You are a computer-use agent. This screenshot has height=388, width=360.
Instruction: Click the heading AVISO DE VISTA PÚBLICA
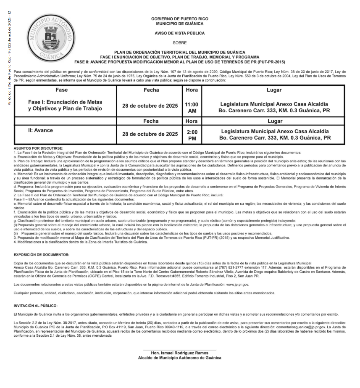coord(179,33)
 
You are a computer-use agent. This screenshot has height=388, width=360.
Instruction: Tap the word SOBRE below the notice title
coord(179,43)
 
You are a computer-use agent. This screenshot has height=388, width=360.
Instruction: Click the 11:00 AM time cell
coord(192,108)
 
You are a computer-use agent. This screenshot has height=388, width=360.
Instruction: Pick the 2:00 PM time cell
coord(192,135)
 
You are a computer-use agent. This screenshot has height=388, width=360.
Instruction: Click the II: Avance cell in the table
coord(41,130)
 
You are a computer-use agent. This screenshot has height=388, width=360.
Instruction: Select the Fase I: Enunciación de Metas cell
coord(65,106)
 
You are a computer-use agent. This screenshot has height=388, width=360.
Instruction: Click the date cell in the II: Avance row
coord(150,135)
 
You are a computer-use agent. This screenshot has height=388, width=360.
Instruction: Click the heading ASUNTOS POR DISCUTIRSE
coord(38,148)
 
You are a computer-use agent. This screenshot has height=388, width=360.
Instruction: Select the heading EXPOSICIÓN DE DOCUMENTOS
coord(42,255)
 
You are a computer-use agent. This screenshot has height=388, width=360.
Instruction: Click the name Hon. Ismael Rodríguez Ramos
coord(179,353)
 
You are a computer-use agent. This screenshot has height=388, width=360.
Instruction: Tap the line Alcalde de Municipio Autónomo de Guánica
coord(179,358)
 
